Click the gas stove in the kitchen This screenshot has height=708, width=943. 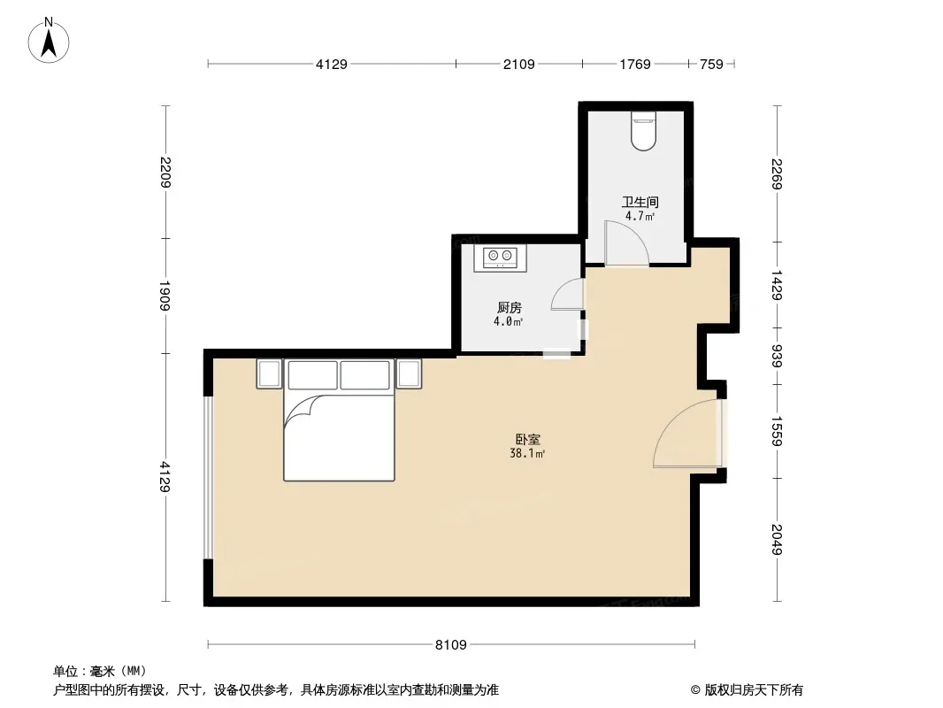[x=500, y=258]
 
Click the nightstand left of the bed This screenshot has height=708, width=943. [x=270, y=373]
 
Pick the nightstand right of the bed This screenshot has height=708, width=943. [x=409, y=373]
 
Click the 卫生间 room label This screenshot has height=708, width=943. [x=640, y=202]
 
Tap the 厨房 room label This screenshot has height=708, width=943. [x=509, y=307]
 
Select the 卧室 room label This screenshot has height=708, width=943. [x=527, y=439]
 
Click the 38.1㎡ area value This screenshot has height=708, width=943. [x=527, y=454]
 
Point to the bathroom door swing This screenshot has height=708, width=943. [x=626, y=243]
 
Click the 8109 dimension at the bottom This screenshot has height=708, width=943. [x=450, y=644]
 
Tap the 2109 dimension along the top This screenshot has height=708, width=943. [x=518, y=64]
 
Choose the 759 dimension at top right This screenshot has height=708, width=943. [x=711, y=64]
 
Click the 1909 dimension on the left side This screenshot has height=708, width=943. [x=165, y=296]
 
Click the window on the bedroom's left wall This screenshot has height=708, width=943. [x=208, y=478]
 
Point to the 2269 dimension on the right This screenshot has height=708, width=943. [x=777, y=173]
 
